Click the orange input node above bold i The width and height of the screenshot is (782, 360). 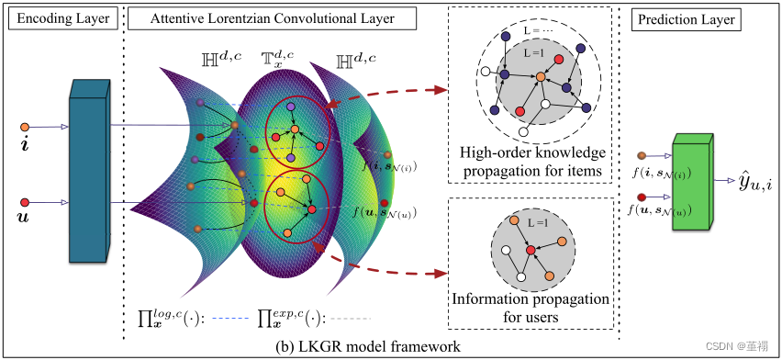pyautogui.click(x=25, y=127)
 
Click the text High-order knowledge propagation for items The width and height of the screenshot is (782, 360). pyautogui.click(x=533, y=160)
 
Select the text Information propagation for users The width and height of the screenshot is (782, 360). pyautogui.click(x=531, y=308)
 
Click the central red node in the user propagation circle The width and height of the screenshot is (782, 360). pyautogui.click(x=531, y=250)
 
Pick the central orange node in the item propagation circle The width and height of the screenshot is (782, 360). pyautogui.click(x=541, y=77)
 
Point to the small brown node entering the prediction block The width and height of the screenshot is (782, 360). pyautogui.click(x=642, y=156)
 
